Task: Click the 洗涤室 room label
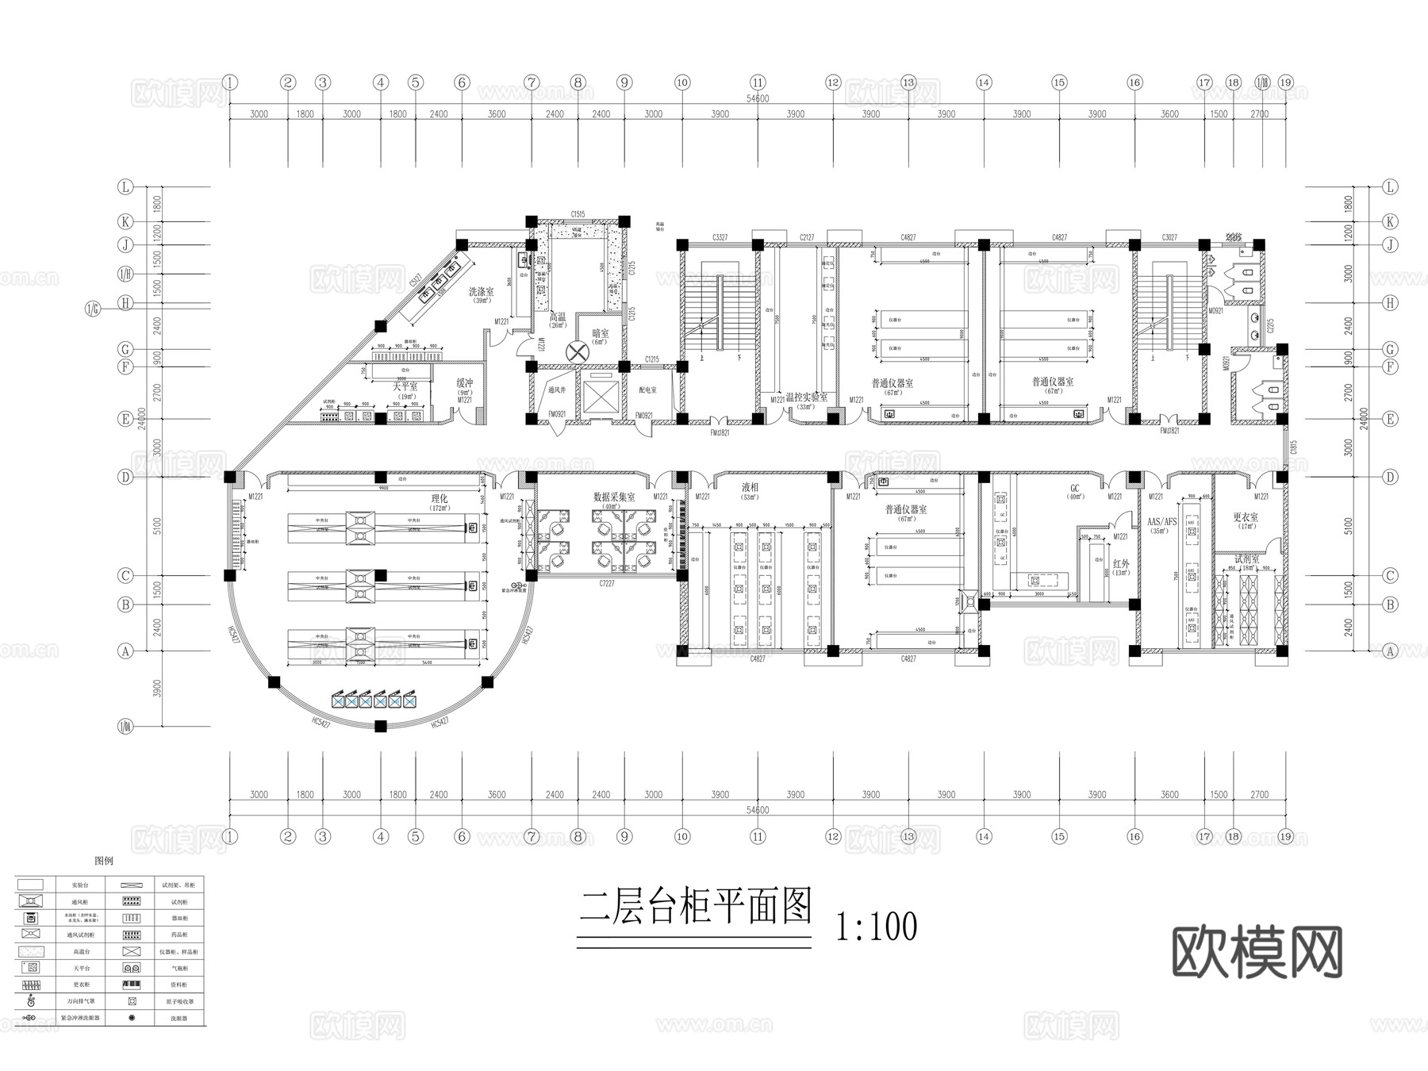tap(481, 292)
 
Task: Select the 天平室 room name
tap(405, 386)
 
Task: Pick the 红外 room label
tap(1120, 564)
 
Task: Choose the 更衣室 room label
tap(1246, 517)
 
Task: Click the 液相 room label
tap(750, 487)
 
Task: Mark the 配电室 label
tap(647, 390)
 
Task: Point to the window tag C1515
tap(578, 214)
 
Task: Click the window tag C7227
tap(607, 583)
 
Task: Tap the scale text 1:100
tap(877, 926)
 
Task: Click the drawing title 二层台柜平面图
tap(695, 907)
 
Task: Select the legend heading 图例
tap(104, 861)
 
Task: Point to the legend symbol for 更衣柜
tap(31, 985)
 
